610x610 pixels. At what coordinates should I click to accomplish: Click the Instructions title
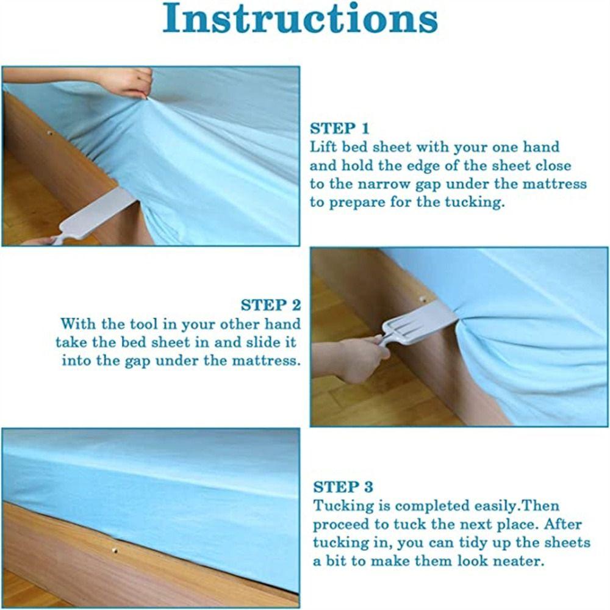coord(300,18)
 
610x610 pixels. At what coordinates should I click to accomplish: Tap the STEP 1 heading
coord(339,128)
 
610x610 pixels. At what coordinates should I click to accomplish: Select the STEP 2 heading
coord(271,305)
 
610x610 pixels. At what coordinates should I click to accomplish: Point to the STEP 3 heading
coord(343,487)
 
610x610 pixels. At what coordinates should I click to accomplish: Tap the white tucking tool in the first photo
coord(93,216)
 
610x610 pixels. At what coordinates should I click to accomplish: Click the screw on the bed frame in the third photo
coord(115,550)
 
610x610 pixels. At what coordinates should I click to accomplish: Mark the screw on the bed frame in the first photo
coord(49,134)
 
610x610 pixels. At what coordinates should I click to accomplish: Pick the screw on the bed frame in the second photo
coord(423,299)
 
